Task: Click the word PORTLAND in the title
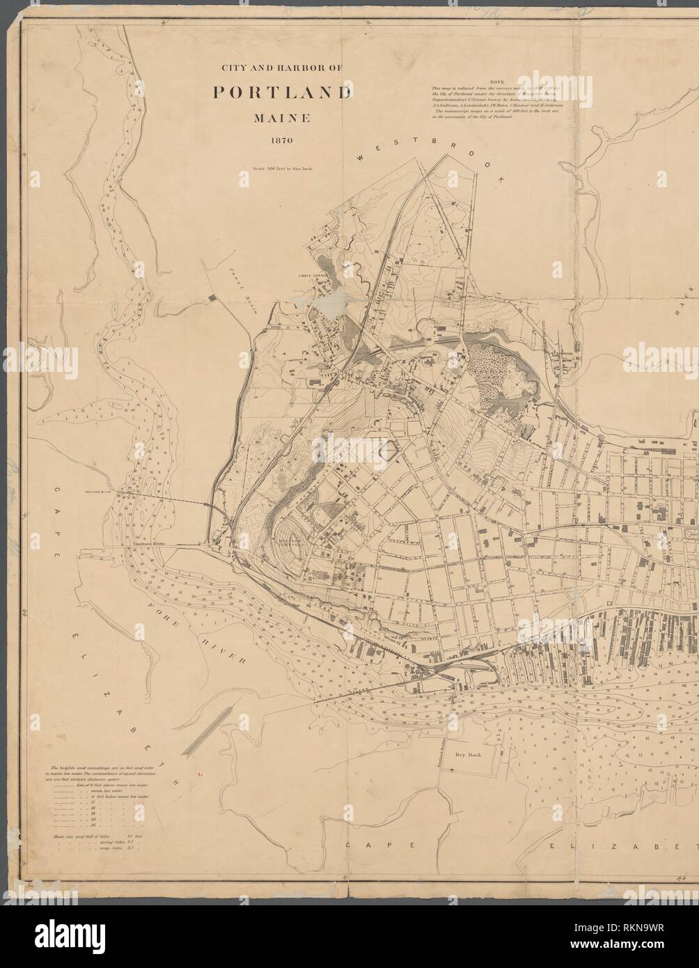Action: click(282, 92)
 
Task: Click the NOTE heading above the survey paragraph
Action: click(497, 82)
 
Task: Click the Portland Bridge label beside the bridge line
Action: click(442, 751)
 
